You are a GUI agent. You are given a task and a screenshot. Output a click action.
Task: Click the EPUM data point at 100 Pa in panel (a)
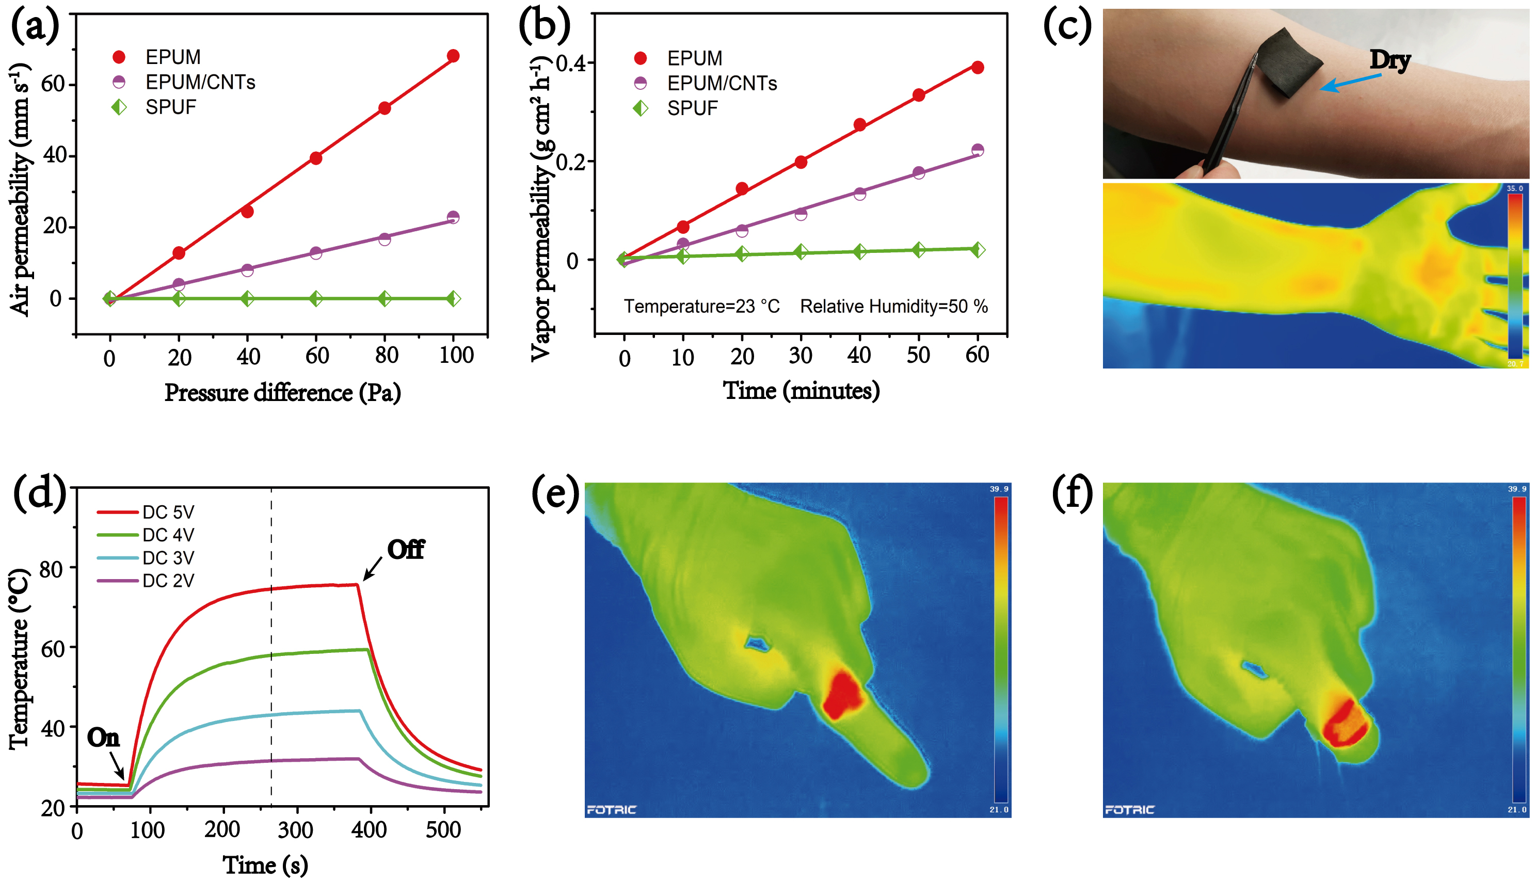tap(453, 56)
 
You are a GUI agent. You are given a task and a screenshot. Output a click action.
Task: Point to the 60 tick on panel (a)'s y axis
tap(53, 84)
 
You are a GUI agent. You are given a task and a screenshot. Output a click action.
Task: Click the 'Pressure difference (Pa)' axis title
tap(282, 393)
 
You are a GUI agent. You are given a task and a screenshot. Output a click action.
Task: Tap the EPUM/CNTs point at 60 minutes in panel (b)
tap(978, 150)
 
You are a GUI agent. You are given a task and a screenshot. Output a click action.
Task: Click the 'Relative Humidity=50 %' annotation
tap(893, 306)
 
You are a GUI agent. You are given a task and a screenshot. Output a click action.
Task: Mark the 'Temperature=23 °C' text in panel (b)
tap(702, 306)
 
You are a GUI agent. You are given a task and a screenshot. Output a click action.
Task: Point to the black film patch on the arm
tap(1290, 62)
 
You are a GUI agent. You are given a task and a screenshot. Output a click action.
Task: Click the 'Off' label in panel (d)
tap(405, 550)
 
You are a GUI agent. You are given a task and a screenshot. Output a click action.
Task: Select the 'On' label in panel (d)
tap(103, 738)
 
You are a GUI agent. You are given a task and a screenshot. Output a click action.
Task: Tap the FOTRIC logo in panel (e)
tap(611, 810)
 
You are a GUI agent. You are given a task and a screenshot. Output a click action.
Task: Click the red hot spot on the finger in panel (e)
tap(843, 695)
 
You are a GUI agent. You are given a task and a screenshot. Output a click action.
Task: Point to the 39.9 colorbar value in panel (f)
tap(1516, 489)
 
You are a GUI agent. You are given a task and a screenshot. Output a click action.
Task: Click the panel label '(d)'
tap(39, 493)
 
